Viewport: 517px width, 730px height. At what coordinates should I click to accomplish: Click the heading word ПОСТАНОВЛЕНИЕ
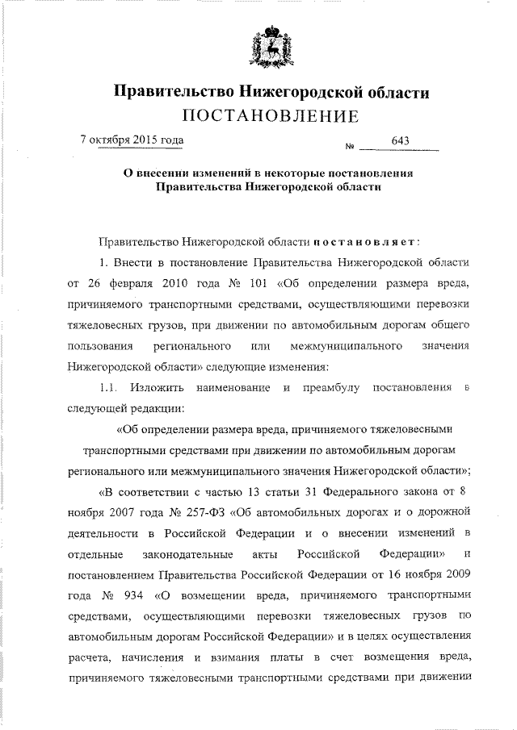[269, 118]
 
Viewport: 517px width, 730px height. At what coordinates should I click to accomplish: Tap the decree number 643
[401, 142]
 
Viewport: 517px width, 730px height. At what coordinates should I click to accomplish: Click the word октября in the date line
[105, 140]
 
